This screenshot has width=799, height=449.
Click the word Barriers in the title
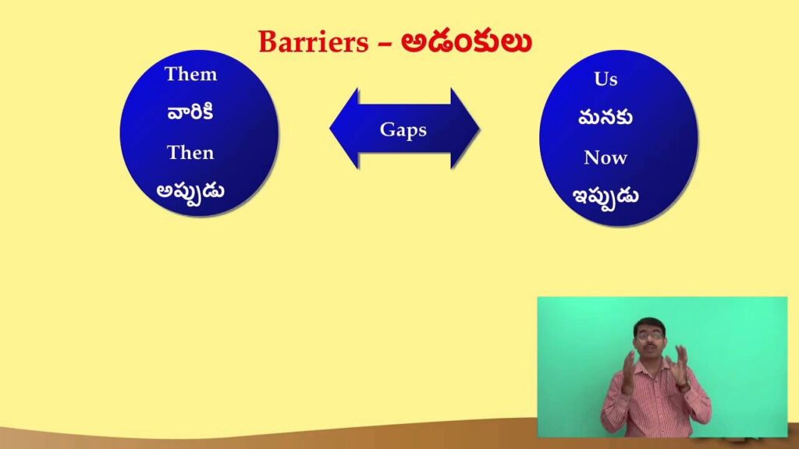coord(313,42)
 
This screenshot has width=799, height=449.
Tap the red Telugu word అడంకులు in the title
coord(467,42)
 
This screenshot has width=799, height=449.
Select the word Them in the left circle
coord(190,74)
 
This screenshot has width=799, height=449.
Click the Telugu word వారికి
coord(190,112)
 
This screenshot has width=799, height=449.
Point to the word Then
coord(190,153)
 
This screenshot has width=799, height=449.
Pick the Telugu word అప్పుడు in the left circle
coord(190,192)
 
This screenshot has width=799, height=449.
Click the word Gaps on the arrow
coord(403,130)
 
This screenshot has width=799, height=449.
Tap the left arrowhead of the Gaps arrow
coord(344,129)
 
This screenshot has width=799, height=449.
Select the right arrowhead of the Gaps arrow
coord(465,129)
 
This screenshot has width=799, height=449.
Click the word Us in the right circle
coord(605,79)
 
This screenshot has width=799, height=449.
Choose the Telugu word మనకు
coord(605,118)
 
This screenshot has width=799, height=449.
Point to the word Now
coord(605,157)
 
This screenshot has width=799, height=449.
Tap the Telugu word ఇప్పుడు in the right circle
coord(605,196)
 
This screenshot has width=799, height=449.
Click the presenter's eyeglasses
coord(649,335)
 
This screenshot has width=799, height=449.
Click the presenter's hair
coord(648,324)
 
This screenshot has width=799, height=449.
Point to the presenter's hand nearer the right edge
coord(680,365)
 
